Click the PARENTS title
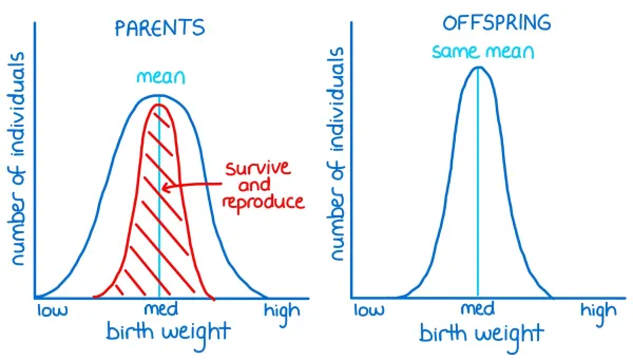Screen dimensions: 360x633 click(x=159, y=28)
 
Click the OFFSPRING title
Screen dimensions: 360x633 click(x=496, y=23)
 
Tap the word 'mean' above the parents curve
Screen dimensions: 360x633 click(x=161, y=78)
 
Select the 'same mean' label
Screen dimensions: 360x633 click(x=483, y=52)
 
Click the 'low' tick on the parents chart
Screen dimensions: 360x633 click(x=52, y=311)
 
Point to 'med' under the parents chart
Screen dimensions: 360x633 click(x=160, y=308)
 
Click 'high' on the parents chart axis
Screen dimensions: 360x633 click(x=282, y=310)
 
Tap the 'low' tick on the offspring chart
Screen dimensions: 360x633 click(x=369, y=310)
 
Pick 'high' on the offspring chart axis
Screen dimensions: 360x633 click(x=598, y=310)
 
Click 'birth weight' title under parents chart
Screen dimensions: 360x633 click(x=168, y=332)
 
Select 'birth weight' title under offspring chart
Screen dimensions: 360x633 click(x=481, y=334)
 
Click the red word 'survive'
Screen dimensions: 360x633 click(x=258, y=169)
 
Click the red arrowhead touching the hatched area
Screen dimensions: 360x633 click(x=164, y=188)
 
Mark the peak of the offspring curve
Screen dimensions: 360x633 click(x=478, y=67)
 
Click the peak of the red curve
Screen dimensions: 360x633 click(x=159, y=105)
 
